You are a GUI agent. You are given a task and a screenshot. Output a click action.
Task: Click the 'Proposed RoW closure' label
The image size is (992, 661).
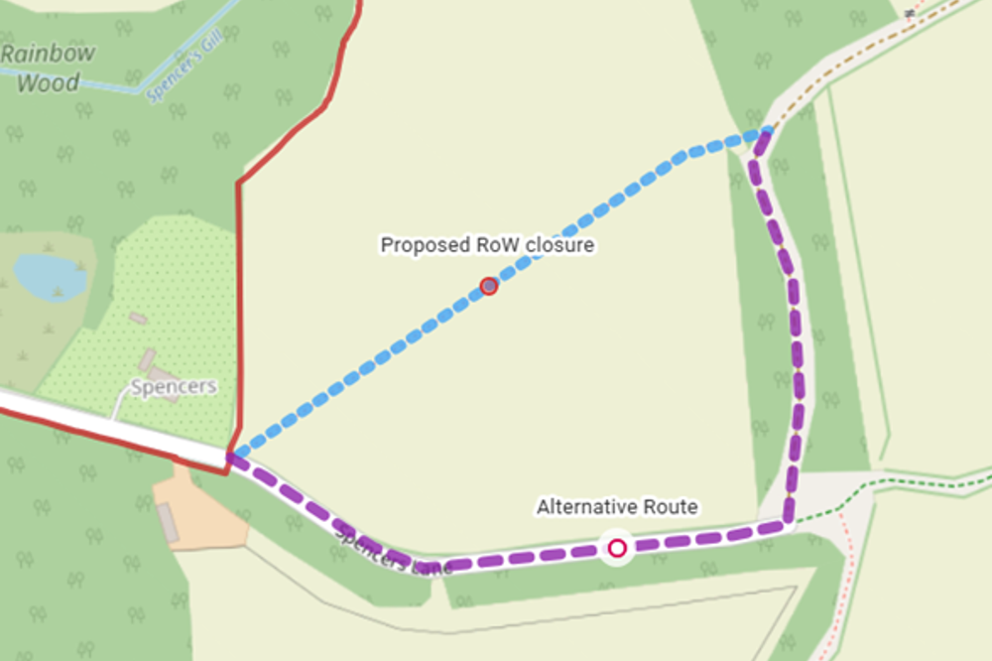[487, 244]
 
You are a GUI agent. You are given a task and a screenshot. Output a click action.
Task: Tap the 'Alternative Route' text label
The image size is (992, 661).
[617, 507]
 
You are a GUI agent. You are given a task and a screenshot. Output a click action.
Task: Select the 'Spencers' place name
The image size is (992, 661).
[174, 386]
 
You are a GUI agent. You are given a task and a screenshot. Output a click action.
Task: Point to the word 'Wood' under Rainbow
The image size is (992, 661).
[47, 82]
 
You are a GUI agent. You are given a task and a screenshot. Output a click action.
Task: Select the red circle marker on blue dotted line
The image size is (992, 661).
[488, 287]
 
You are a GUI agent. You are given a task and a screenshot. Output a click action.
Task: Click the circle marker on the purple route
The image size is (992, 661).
[618, 548]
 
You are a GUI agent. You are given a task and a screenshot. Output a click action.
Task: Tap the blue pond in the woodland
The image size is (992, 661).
[50, 275]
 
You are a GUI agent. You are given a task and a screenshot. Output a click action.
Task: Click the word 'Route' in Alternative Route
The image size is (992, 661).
[670, 507]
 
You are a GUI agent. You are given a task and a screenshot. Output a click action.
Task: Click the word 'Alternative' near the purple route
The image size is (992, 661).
[586, 507]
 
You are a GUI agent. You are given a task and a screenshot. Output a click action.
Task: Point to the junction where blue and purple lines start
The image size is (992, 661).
[231, 457]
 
